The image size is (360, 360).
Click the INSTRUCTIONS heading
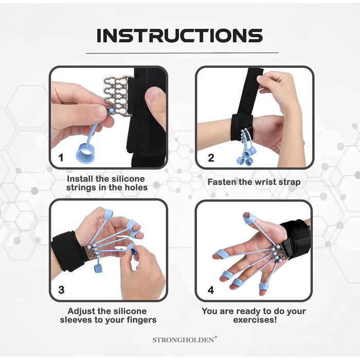pyautogui.click(x=180, y=35)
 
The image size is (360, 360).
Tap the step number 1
pyautogui.click(x=61, y=158)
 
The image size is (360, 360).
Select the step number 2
pyautogui.click(x=211, y=158)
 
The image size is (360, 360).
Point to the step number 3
pyautogui.click(x=61, y=290)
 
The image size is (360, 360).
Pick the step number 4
pyautogui.click(x=211, y=290)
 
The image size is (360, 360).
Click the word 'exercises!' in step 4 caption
pyautogui.click(x=255, y=320)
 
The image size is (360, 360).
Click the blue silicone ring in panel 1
pyautogui.click(x=85, y=153)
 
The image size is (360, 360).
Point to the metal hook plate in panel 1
pyautogui.click(x=118, y=96)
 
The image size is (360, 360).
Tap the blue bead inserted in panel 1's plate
pyautogui.click(x=111, y=110)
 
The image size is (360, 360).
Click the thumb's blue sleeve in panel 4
pyautogui.click(x=249, y=219)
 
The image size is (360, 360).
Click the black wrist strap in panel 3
pyautogui.click(x=68, y=251)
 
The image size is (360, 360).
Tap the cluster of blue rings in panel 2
pyautogui.click(x=246, y=156)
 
